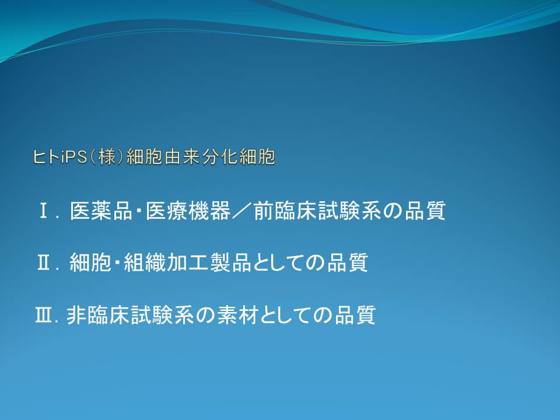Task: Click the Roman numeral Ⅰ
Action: point(44,211)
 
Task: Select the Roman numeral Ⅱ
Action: point(44,262)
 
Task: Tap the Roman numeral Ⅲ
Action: point(44,315)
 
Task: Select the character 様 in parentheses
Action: point(107,157)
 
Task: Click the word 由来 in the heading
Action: point(182,157)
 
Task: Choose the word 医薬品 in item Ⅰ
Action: point(101,211)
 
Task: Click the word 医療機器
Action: point(188,211)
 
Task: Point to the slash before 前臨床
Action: point(242,211)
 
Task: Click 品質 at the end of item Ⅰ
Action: point(425,211)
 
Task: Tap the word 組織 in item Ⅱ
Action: point(145,262)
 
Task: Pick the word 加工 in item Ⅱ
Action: point(188,262)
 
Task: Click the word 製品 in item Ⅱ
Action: point(231,262)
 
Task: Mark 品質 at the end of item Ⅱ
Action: point(347,262)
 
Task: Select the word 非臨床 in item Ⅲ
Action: point(98,315)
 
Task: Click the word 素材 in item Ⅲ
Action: point(238,315)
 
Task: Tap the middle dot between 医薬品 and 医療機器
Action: point(139,211)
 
